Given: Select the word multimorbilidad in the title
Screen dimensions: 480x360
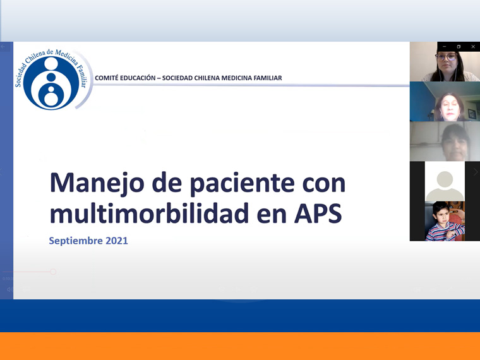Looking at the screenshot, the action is (150, 213).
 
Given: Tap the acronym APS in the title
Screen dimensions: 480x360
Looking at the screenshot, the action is (318, 213).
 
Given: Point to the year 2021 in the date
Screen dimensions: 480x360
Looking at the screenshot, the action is (117, 241).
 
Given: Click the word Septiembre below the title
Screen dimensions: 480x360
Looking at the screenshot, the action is (76, 241).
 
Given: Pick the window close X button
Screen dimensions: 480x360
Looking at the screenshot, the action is (473, 47).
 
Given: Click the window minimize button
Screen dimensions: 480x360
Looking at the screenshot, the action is (444, 47).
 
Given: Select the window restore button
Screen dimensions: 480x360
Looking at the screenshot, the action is (459, 47).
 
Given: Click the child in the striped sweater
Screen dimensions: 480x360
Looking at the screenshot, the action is (444, 221).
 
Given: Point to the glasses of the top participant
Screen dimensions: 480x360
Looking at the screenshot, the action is (446, 57).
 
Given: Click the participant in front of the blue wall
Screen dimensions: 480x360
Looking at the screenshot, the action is (449, 107).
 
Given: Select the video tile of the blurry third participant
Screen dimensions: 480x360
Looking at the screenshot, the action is (445, 141).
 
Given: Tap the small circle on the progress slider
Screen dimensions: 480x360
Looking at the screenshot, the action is (53, 272).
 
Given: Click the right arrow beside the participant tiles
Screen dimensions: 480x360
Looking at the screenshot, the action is (476, 172).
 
